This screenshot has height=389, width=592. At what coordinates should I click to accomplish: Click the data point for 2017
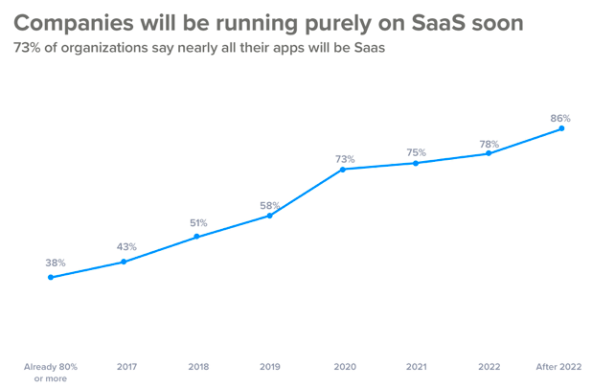point(124,262)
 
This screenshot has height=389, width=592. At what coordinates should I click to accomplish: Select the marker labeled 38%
point(51,277)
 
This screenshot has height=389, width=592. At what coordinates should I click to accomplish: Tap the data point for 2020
point(343,170)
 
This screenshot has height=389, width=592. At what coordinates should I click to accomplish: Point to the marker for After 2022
point(561,128)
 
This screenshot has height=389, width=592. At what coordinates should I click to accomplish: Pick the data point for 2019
point(270,216)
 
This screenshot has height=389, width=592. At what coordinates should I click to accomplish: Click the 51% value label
point(197,223)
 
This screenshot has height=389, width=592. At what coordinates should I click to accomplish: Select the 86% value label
point(560,119)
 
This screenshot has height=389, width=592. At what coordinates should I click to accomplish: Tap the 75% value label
point(416,152)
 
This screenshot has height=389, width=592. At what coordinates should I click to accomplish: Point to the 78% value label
point(489,145)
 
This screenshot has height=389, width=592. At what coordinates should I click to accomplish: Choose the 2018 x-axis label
point(198,367)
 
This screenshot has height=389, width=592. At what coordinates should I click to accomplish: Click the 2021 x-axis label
point(417,367)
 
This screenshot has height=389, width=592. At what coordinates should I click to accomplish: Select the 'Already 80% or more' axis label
point(51,372)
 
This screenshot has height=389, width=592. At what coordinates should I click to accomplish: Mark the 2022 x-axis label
point(490,367)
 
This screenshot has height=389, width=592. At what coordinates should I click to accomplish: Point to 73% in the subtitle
point(28,49)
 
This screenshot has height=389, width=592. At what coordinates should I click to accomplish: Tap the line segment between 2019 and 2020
point(307,193)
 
